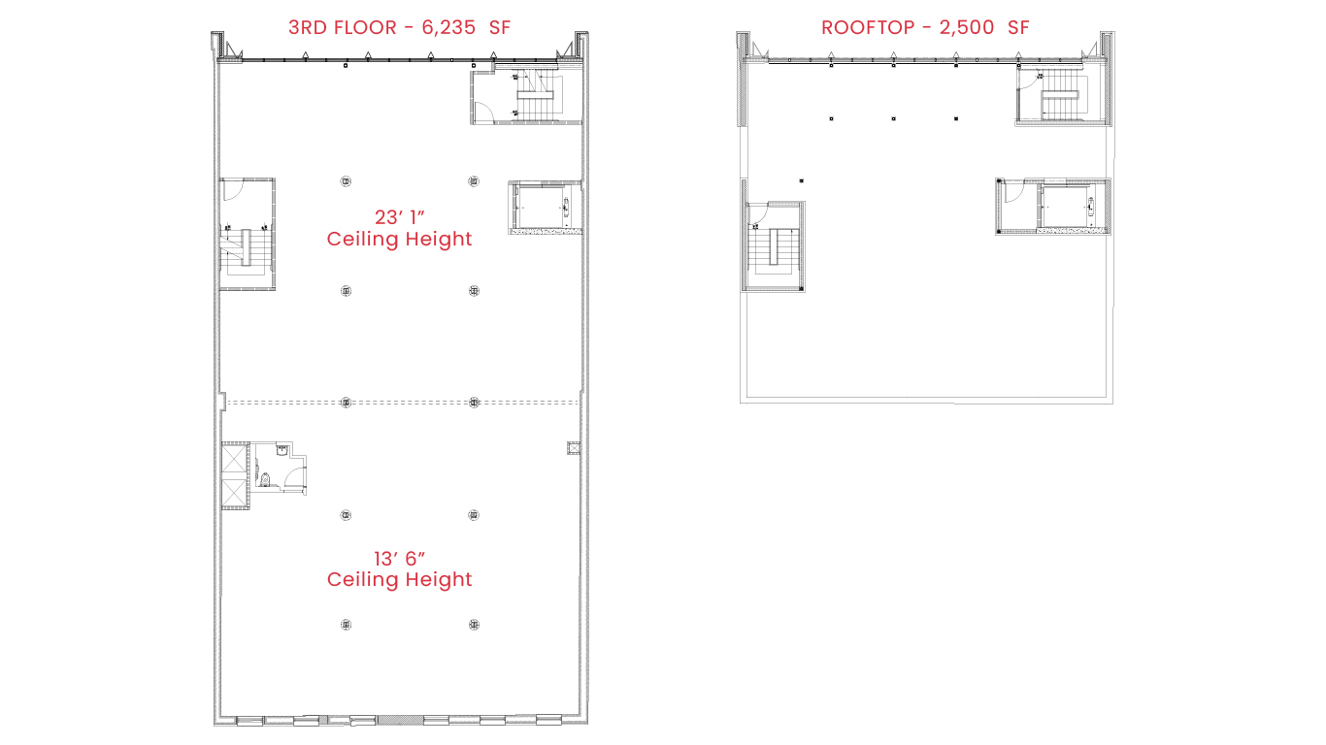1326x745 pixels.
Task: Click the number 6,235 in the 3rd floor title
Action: coord(448,28)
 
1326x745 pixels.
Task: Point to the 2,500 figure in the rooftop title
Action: coord(967,28)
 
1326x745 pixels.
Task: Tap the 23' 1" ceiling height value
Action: coord(400,217)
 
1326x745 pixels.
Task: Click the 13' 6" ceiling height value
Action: coord(400,558)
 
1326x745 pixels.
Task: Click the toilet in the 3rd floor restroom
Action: coord(265,479)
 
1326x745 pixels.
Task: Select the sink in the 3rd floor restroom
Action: coord(282,450)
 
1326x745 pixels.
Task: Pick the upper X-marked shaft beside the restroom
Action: coord(234,460)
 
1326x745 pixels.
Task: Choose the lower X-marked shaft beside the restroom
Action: coord(234,493)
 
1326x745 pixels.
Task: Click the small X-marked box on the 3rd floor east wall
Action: coord(573,448)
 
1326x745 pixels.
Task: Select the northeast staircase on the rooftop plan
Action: coord(1064,97)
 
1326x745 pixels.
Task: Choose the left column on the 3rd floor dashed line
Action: coord(347,403)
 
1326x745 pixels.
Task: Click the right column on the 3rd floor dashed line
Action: coord(474,403)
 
